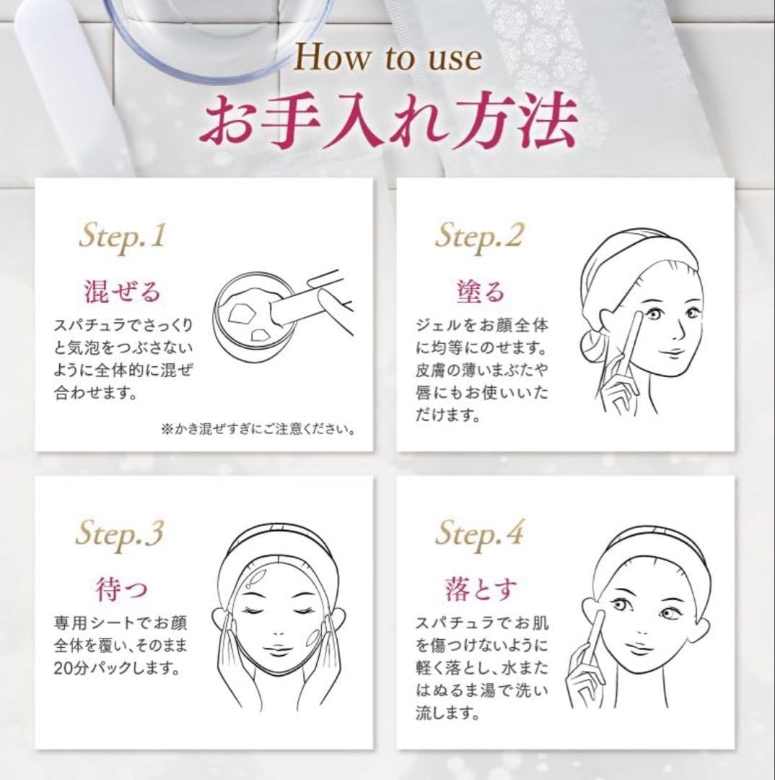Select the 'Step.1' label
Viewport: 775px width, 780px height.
[x=122, y=237]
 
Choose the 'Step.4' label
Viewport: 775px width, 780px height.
[x=479, y=534]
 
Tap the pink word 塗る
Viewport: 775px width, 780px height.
[x=481, y=292]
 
